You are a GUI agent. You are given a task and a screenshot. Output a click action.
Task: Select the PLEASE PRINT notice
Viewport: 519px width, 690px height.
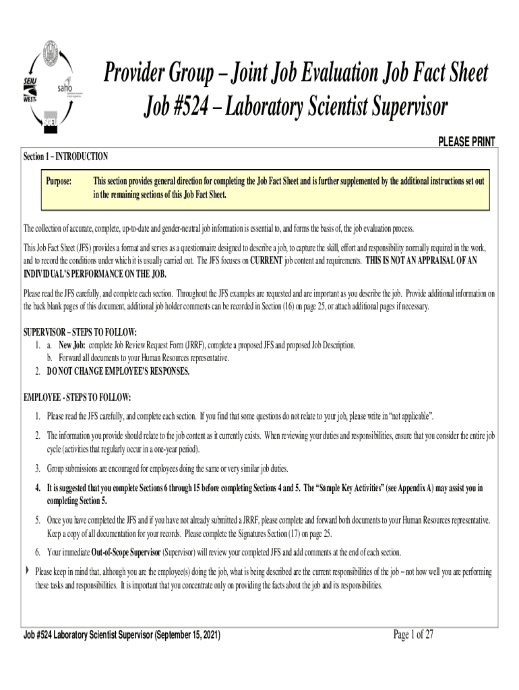click(466, 142)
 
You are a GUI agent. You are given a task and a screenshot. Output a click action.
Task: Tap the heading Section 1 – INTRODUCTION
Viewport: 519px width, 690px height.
click(65, 156)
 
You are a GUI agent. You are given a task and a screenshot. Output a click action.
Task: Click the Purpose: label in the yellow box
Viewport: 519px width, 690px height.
click(59, 181)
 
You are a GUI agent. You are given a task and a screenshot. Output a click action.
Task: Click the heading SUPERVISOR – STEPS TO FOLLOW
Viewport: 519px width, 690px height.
click(80, 333)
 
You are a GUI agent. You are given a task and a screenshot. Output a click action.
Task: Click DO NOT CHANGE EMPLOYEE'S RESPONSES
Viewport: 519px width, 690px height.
click(118, 371)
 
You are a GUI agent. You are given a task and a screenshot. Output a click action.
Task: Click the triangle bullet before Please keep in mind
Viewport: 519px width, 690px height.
click(27, 571)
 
